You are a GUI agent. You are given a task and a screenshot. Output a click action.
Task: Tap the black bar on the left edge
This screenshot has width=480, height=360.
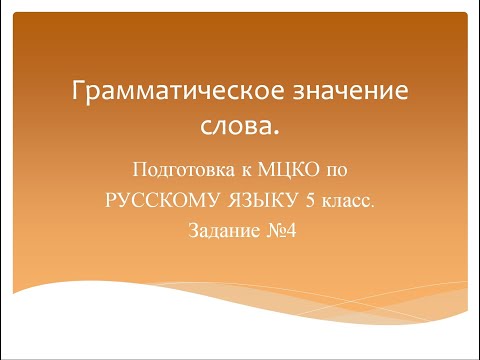[6, 180]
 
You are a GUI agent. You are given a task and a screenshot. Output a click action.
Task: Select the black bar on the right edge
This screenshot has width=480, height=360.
[474, 180]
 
